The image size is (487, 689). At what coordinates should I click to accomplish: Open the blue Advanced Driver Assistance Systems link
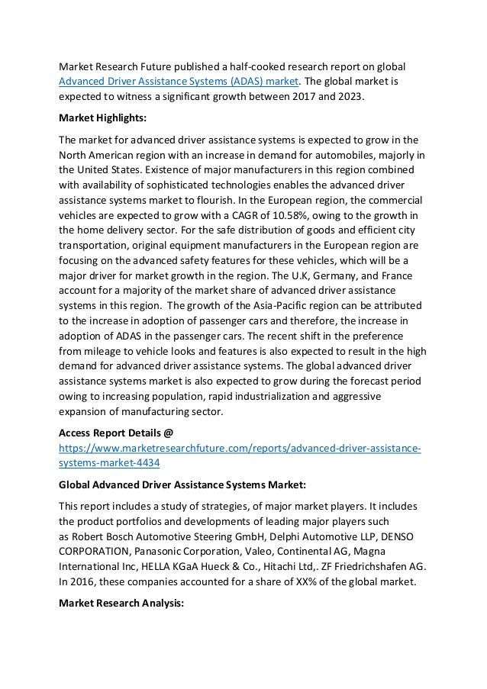(179, 82)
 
